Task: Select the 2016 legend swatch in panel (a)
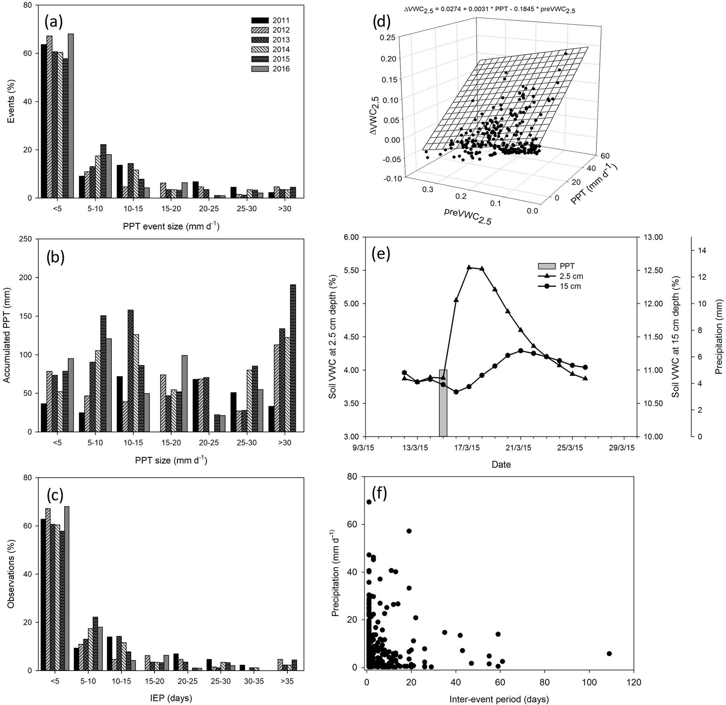tap(259, 69)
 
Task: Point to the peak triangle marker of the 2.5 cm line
tap(469, 267)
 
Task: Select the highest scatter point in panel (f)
tap(369, 502)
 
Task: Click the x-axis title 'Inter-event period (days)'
tap(499, 699)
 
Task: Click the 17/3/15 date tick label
tap(469, 448)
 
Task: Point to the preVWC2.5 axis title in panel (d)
tap(467, 217)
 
